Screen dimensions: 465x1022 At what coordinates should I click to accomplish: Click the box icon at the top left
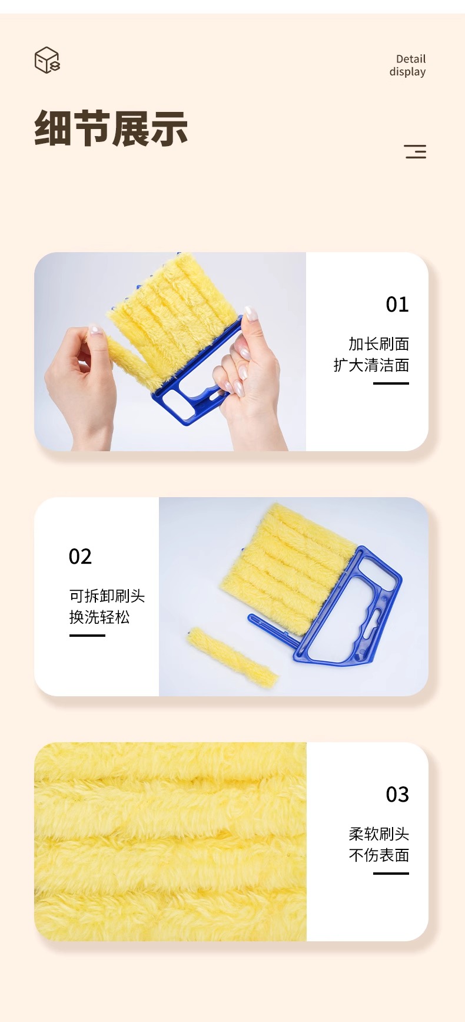[47, 60]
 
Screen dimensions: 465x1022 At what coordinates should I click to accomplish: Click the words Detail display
[407, 65]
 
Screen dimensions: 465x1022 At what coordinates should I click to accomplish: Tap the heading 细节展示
[111, 128]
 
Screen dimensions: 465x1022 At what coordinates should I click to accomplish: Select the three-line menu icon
[415, 151]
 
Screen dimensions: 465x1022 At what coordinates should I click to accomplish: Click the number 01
[397, 305]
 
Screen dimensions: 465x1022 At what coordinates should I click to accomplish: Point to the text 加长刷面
[378, 344]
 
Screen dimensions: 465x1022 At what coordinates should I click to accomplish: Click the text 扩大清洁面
[371, 365]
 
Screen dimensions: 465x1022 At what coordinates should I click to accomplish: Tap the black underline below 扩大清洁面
[391, 383]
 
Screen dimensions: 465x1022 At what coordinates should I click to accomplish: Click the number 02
[80, 557]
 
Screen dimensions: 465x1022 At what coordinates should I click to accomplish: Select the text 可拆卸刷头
[107, 596]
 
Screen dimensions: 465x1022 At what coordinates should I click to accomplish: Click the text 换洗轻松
[99, 617]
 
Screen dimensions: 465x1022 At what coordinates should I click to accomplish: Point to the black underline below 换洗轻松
[87, 636]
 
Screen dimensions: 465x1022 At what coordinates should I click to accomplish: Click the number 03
[397, 795]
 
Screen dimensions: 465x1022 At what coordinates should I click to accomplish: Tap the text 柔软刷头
[378, 834]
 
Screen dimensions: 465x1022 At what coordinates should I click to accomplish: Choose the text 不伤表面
[378, 855]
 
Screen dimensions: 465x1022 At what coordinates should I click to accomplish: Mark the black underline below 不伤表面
[391, 874]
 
